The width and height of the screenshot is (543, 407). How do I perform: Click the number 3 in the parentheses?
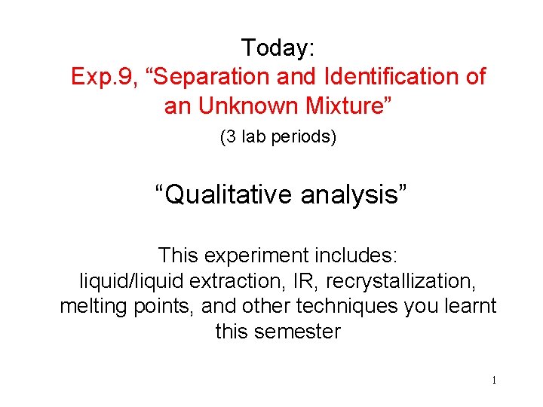[x=228, y=139]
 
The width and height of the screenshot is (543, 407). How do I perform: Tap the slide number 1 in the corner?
[x=493, y=381]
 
